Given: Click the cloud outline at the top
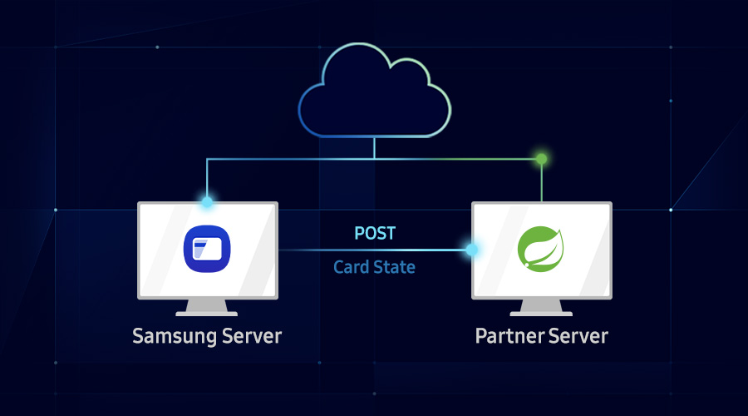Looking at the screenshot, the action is click(x=298, y=110).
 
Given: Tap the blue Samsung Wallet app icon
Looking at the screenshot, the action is click(x=207, y=249).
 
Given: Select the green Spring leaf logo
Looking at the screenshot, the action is click(x=541, y=250).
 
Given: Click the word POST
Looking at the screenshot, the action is click(x=375, y=233).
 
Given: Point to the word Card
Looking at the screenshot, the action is click(x=351, y=267).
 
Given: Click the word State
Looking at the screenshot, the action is click(x=394, y=267).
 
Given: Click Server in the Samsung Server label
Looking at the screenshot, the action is click(x=252, y=336).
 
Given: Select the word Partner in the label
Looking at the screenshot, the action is click(x=509, y=336).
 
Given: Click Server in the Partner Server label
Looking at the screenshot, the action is click(x=578, y=336).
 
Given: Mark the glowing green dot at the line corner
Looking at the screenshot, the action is click(x=541, y=159).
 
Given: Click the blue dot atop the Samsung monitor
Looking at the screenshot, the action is click(x=207, y=202).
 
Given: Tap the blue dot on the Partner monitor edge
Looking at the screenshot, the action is click(x=471, y=250).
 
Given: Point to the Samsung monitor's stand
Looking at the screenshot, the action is click(x=207, y=308).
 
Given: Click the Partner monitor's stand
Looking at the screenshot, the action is click(x=541, y=308).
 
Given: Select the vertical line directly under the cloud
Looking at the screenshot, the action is click(x=375, y=148).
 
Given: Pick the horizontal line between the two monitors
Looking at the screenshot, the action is click(x=375, y=250).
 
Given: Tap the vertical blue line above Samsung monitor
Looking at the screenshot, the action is click(x=207, y=178).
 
